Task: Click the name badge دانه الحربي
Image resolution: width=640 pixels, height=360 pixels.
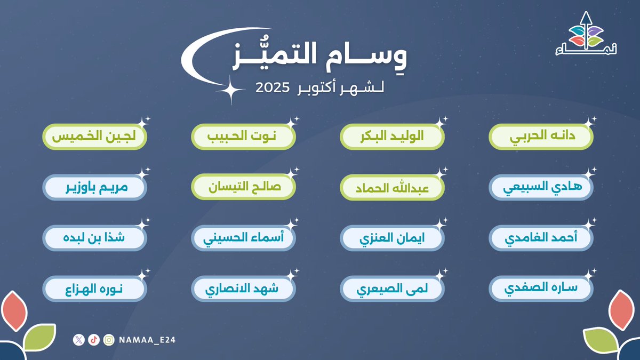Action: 541,137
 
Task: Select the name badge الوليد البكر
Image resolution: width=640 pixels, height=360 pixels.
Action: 392,137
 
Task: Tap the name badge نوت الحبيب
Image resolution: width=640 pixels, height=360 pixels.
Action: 243,137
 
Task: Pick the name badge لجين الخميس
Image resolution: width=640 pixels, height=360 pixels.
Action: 94,137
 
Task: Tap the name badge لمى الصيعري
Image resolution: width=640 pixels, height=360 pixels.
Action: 392,290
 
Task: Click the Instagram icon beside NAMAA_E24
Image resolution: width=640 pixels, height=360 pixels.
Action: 109,340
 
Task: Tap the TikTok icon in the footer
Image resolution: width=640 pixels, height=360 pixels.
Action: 94,340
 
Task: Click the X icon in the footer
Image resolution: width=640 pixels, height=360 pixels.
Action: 79,340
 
